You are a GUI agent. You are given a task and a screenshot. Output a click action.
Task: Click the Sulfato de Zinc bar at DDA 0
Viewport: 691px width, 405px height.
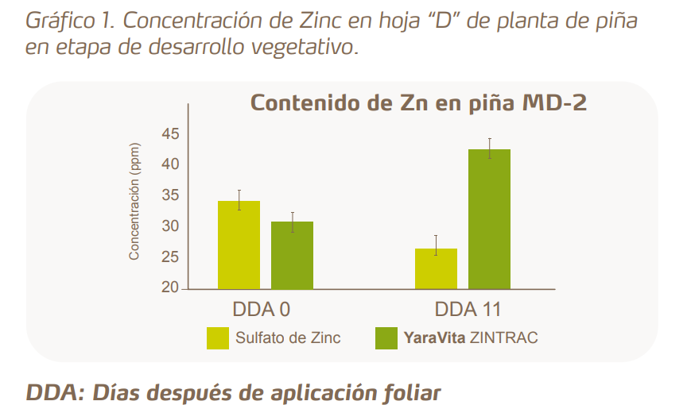tap(239, 245)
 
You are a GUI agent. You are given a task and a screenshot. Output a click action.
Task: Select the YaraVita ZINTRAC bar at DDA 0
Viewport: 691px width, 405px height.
tap(292, 255)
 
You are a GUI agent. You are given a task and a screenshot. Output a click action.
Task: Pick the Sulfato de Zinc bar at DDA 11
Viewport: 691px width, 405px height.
tap(436, 268)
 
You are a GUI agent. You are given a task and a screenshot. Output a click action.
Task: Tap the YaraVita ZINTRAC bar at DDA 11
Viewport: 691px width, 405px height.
tap(489, 218)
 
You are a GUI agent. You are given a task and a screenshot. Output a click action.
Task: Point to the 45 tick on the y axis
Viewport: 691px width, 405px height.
tap(170, 133)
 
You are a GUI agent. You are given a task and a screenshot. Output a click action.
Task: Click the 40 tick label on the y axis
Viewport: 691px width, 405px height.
tap(170, 164)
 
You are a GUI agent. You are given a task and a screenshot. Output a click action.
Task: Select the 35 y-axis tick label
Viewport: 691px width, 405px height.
tap(170, 195)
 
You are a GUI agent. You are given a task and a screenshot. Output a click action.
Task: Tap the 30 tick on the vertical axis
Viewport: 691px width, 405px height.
tap(170, 226)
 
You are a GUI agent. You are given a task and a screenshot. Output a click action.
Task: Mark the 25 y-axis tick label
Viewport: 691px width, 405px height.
tap(170, 257)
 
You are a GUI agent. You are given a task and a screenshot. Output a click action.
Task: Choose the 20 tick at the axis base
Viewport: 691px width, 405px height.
tap(170, 287)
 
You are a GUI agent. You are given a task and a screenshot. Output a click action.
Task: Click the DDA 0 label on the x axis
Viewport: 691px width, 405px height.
tap(255, 308)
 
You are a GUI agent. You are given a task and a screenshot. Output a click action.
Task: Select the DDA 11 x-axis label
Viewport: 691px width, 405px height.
tap(468, 308)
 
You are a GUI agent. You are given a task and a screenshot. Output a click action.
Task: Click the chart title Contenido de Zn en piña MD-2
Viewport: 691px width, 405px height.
tap(418, 104)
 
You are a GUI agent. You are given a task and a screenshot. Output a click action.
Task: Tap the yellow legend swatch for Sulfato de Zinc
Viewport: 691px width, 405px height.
tap(217, 337)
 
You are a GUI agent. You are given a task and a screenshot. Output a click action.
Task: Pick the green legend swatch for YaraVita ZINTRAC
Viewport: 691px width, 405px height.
tap(386, 337)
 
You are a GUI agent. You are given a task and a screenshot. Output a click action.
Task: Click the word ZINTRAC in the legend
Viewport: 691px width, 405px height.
tap(503, 337)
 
